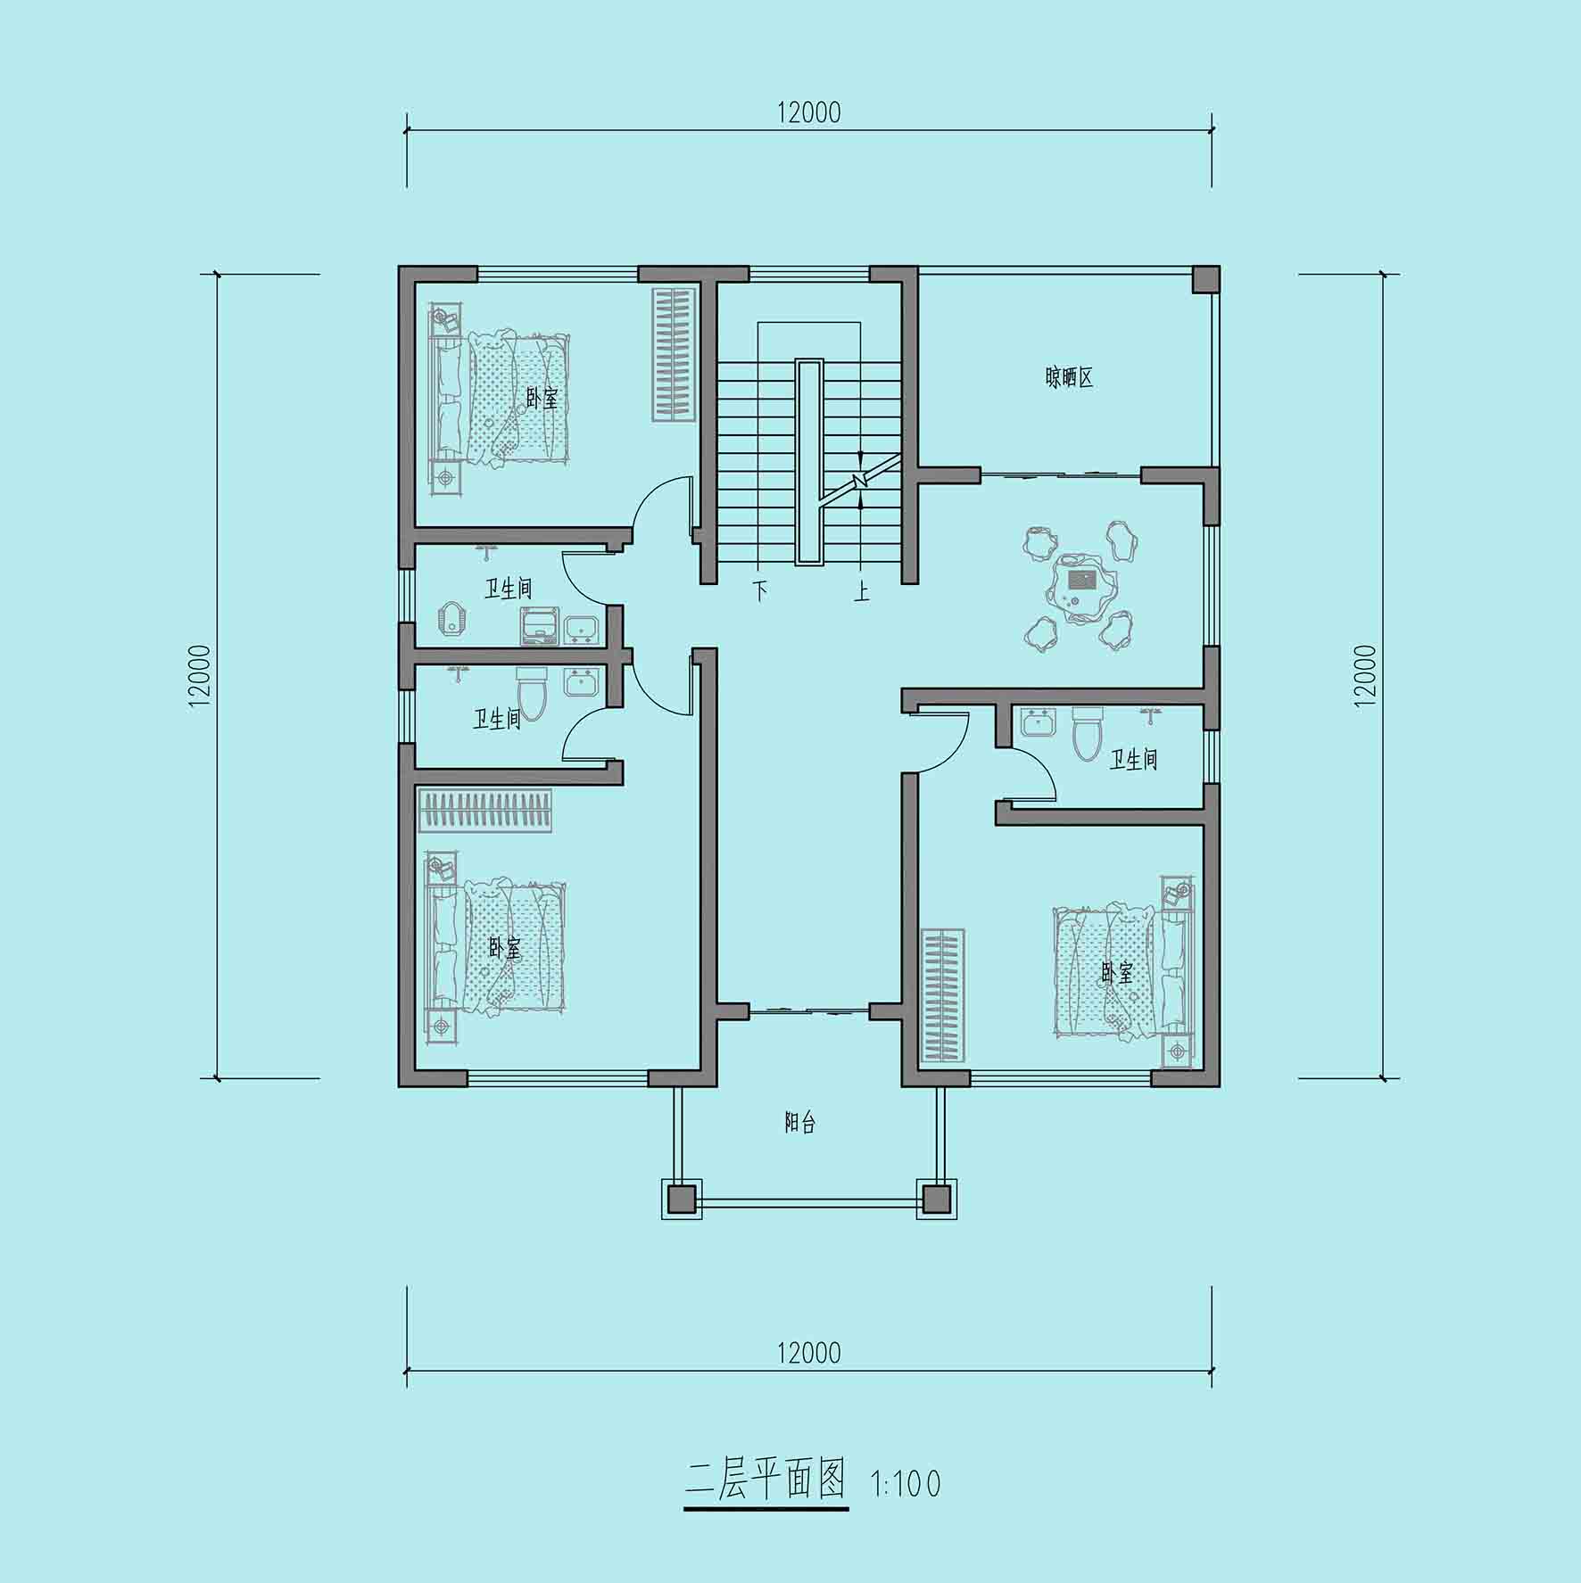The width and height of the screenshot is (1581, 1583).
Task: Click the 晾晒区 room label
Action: [x=1069, y=378]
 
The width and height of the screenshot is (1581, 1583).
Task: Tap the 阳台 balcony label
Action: [x=799, y=1123]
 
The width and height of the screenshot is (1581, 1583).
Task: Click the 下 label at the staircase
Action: [x=759, y=590]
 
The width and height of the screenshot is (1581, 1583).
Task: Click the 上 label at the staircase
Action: [x=861, y=590]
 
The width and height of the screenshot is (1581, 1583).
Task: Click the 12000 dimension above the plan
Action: [x=809, y=112]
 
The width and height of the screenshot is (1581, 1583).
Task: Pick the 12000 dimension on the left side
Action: [x=200, y=675]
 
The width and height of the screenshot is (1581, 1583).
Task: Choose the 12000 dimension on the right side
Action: [x=1365, y=675]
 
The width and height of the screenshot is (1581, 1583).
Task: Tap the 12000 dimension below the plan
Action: [x=809, y=1353]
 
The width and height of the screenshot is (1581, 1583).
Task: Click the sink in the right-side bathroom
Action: [x=1038, y=722]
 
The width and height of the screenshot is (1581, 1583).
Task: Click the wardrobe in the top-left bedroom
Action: [x=675, y=354]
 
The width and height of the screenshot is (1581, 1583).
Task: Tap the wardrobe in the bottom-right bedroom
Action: [x=943, y=995]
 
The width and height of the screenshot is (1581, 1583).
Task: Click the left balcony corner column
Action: [x=681, y=1199]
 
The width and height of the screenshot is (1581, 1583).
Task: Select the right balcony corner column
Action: [x=936, y=1199]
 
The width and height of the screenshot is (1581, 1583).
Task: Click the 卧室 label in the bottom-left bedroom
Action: [x=505, y=948]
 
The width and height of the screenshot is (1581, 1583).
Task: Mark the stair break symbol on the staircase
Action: [x=859, y=481]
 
